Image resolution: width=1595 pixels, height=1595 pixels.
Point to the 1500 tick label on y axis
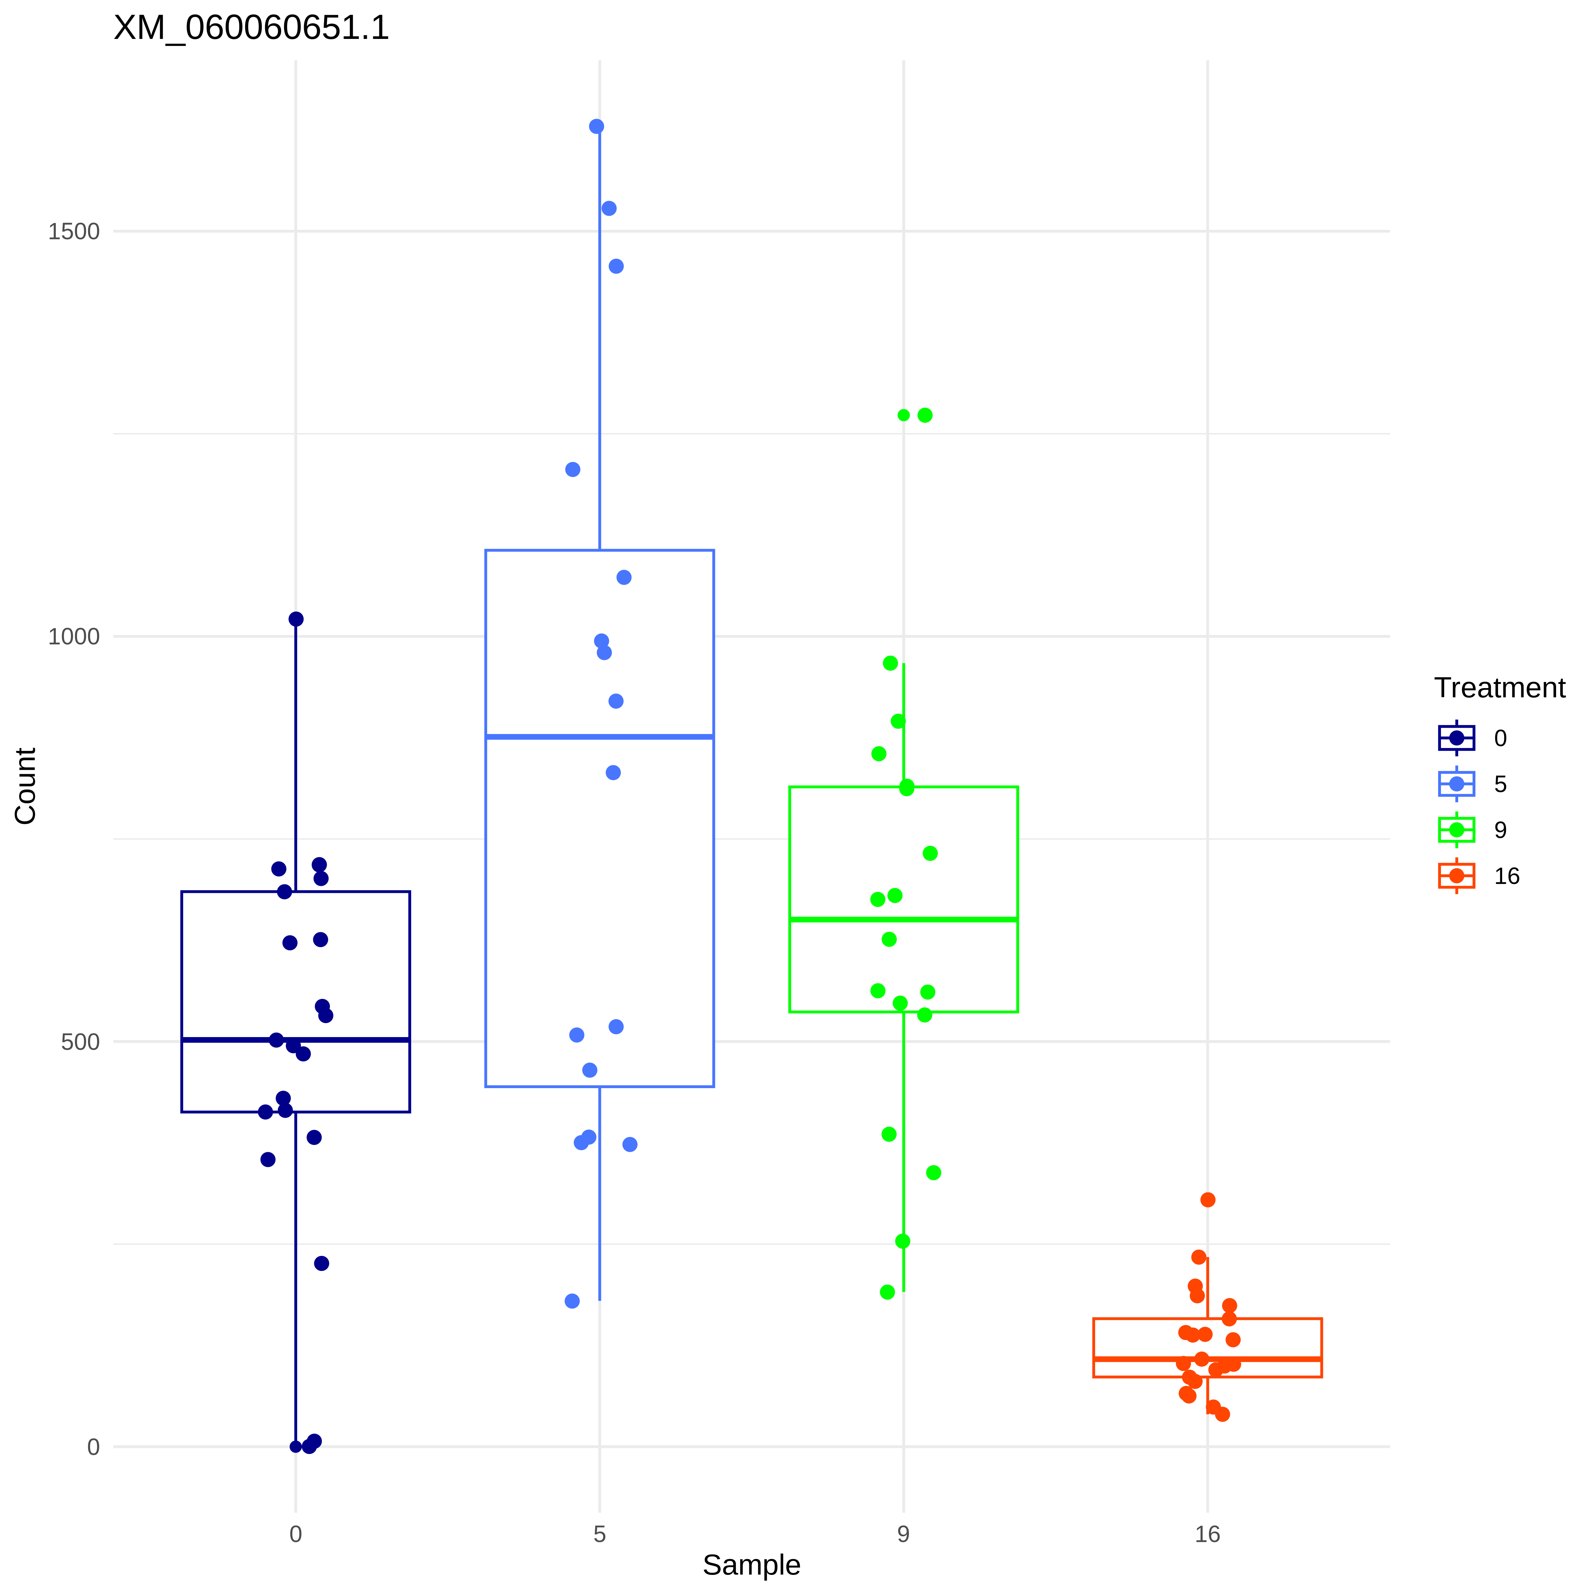click(x=73, y=231)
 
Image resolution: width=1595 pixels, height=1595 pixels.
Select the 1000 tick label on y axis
click(x=73, y=636)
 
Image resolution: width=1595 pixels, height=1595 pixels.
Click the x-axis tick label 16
click(x=1207, y=1535)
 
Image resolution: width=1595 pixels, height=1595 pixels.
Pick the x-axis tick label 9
click(x=903, y=1535)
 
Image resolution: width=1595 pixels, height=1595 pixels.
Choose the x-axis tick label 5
click(x=599, y=1535)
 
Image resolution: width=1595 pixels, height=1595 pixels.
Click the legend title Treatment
click(x=1499, y=688)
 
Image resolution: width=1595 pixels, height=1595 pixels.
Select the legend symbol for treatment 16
click(x=1456, y=876)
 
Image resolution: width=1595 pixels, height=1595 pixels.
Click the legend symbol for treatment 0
click(x=1456, y=738)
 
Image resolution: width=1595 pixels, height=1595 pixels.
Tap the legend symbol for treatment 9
click(x=1456, y=830)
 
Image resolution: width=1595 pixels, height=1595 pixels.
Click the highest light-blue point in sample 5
click(x=596, y=126)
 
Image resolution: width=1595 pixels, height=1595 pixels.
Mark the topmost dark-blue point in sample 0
click(x=296, y=619)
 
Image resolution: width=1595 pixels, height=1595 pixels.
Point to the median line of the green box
click(x=903, y=919)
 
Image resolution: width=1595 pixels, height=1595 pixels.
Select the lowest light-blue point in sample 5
click(x=572, y=1301)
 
